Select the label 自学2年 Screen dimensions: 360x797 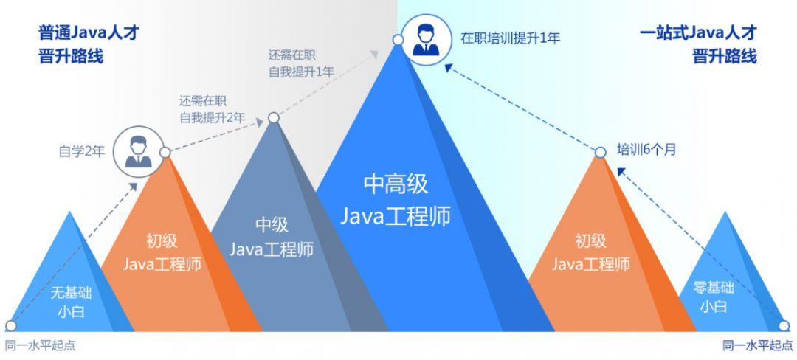pyautogui.click(x=82, y=152)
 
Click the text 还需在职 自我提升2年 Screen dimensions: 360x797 pyautogui.click(x=212, y=108)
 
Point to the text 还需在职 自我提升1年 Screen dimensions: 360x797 pyautogui.click(x=301, y=63)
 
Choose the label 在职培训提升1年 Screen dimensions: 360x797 pyautogui.click(x=510, y=38)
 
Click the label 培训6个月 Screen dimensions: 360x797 pyautogui.click(x=646, y=150)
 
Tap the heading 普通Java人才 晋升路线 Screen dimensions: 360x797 pyautogui.click(x=89, y=44)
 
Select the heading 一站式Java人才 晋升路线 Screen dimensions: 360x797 pyautogui.click(x=697, y=44)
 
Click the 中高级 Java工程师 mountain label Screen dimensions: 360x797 pyautogui.click(x=396, y=199)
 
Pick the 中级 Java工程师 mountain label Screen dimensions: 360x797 pyautogui.click(x=272, y=237)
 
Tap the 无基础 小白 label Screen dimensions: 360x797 pyautogui.click(x=72, y=301)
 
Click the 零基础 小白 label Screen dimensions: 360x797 pyautogui.click(x=714, y=297)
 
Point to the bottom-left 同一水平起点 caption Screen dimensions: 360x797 pyautogui.click(x=40, y=345)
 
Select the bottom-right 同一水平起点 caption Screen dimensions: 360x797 pyautogui.click(x=757, y=345)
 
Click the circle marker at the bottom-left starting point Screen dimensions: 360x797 pyautogui.click(x=10, y=325)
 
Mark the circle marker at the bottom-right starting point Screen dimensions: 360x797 pyautogui.click(x=784, y=325)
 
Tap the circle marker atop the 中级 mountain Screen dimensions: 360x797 pyautogui.click(x=274, y=117)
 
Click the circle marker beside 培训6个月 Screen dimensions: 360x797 pyautogui.click(x=601, y=152)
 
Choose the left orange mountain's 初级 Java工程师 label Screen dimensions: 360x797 pyautogui.click(x=161, y=252)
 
